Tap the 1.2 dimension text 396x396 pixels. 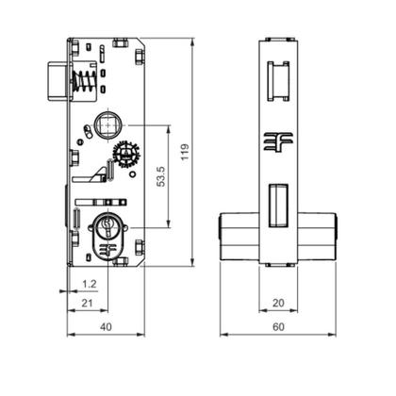[88, 283]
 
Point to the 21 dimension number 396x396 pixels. [87, 304]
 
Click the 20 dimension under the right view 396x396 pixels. [277, 304]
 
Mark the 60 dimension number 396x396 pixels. [277, 326]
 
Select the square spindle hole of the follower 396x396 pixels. [107, 124]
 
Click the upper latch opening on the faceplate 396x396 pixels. [277, 80]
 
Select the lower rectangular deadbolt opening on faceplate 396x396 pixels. [277, 206]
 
